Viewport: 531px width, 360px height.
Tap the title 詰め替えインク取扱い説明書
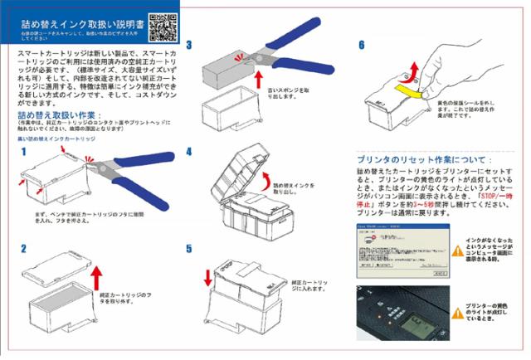pos(80,24)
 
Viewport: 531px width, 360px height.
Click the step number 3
pos(189,46)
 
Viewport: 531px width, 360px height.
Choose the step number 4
pos(189,152)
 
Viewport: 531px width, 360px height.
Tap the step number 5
pos(189,248)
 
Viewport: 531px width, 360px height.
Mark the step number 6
pos(361,46)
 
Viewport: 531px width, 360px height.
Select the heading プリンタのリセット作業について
pos(423,159)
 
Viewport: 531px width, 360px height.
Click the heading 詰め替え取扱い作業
pos(60,114)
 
